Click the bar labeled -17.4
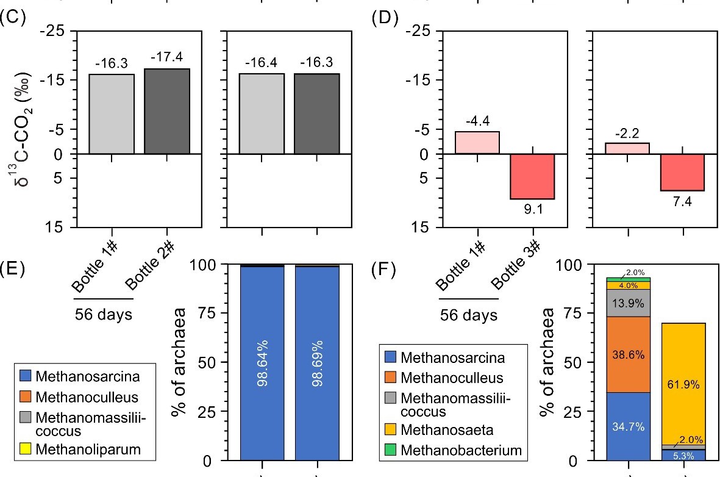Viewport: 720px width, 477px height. coord(166,111)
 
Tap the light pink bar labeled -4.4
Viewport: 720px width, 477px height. coord(477,143)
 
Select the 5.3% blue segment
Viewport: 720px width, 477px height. coord(683,454)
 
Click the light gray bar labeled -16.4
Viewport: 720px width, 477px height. coord(261,113)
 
